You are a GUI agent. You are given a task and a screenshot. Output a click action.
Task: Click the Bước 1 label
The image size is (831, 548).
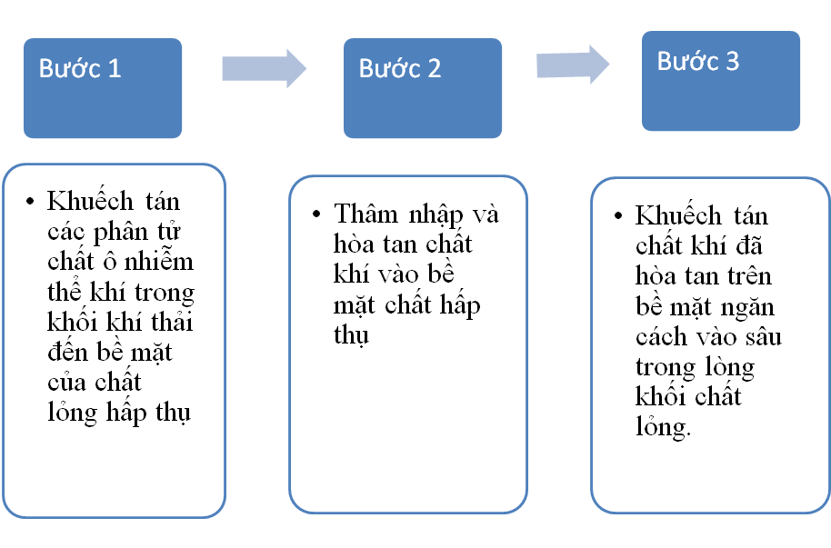(80, 68)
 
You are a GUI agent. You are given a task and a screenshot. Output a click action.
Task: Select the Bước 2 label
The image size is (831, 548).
(400, 68)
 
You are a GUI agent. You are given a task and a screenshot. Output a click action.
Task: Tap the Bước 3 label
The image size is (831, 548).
(698, 61)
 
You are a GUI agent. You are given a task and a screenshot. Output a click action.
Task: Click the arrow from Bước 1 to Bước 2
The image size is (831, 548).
(265, 68)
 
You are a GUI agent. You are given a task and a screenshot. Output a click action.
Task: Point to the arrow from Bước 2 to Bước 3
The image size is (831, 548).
(573, 65)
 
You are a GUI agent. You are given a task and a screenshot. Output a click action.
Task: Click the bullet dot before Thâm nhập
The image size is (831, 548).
(316, 214)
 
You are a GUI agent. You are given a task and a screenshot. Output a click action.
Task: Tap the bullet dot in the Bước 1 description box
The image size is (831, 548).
(30, 202)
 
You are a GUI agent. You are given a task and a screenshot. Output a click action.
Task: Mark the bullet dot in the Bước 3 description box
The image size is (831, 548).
(618, 215)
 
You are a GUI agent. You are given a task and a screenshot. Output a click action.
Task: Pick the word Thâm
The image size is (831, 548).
(365, 214)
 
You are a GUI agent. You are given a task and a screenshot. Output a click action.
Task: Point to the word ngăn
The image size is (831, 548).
(747, 308)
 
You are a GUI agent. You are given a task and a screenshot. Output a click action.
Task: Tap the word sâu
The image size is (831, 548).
(764, 337)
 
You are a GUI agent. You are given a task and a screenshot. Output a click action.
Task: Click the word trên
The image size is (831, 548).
(749, 274)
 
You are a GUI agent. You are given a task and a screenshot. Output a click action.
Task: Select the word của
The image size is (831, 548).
(66, 381)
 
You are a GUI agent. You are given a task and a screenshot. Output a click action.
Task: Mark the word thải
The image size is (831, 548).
(172, 321)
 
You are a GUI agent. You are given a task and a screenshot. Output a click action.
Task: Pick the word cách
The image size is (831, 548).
(661, 336)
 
